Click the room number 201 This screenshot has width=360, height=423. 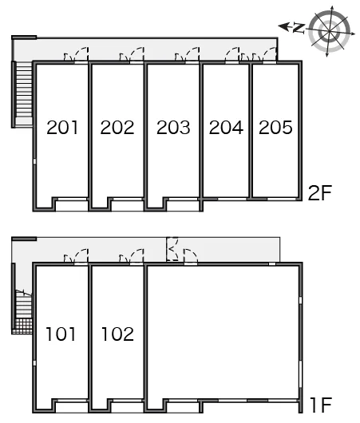coord(62,128)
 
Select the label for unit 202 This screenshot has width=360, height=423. coord(117,128)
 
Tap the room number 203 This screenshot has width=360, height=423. coord(173,128)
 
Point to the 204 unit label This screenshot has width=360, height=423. coord(226,128)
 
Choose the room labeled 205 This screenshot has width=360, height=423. coord(275,128)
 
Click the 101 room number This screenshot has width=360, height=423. coord(61,334)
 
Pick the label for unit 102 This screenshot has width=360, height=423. coord(117,334)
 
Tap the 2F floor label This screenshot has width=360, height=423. coord(320,193)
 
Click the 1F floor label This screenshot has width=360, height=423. coord(321,405)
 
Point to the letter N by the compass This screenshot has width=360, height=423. coord(299,28)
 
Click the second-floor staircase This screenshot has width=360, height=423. coord(24,93)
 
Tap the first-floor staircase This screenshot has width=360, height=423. coord(24,303)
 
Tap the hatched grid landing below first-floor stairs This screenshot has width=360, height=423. coord(22,326)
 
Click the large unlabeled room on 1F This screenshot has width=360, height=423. coord(223,332)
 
